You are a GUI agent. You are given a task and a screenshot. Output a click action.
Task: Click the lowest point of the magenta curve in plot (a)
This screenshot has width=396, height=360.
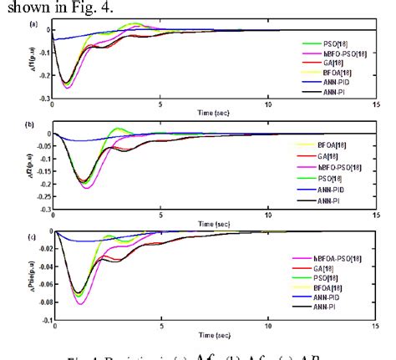pos(67,88)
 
